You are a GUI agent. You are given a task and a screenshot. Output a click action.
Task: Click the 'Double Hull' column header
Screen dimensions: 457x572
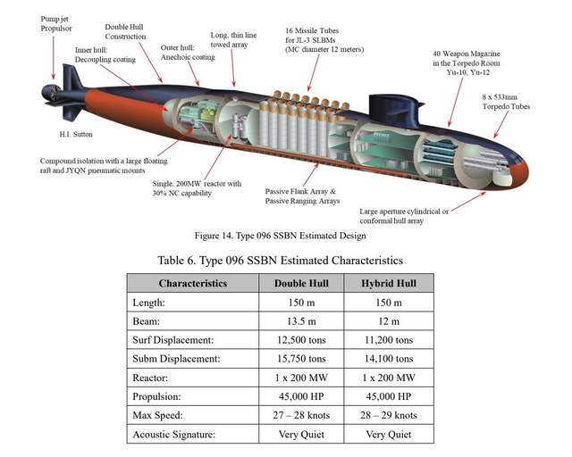click(304, 283)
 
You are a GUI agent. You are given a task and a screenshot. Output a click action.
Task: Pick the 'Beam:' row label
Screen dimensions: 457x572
click(148, 320)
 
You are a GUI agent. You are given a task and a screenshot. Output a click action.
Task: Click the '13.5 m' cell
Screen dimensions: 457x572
click(304, 320)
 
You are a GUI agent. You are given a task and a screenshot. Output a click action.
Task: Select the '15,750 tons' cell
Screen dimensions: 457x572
click(304, 358)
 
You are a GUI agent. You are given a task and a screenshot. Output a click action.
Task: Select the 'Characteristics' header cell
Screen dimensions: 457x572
click(192, 283)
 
